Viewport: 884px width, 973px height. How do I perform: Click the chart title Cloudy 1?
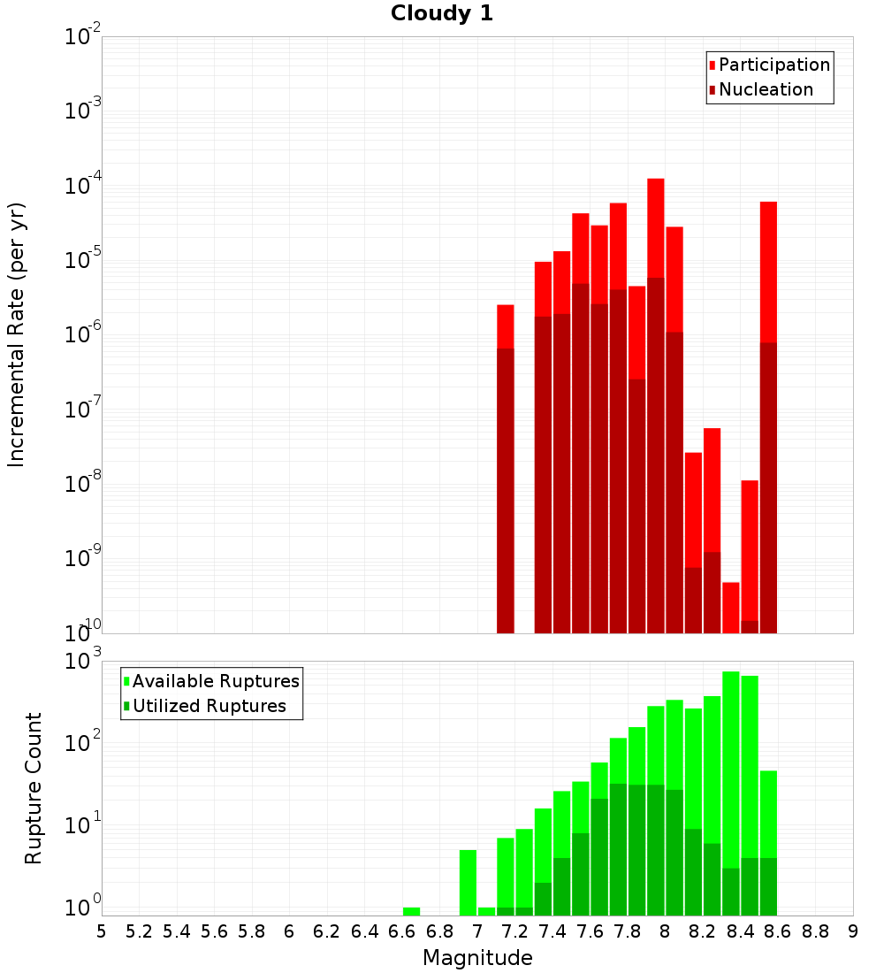click(441, 13)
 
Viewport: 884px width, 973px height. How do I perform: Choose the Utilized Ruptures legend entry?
click(209, 707)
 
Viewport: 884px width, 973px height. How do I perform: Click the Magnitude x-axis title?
click(477, 958)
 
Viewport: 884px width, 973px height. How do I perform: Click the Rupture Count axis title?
click(34, 787)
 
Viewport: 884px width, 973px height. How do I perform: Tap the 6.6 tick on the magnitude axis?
click(402, 931)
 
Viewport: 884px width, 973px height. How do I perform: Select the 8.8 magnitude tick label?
click(815, 931)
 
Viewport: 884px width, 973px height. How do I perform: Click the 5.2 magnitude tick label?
click(140, 931)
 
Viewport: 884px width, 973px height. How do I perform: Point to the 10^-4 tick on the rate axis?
click(83, 186)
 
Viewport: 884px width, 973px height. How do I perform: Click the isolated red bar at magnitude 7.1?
click(505, 326)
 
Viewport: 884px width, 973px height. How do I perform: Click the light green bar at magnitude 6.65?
click(411, 911)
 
